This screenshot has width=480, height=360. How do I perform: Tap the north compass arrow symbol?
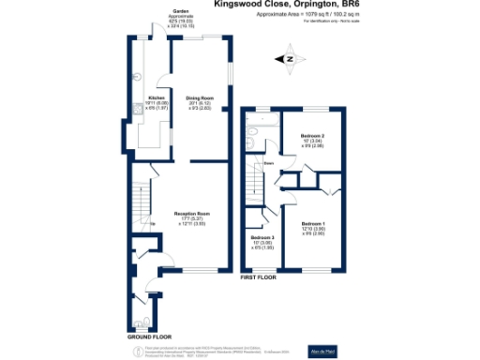coord(289,59)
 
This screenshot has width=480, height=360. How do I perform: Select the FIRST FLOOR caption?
coord(260,277)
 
